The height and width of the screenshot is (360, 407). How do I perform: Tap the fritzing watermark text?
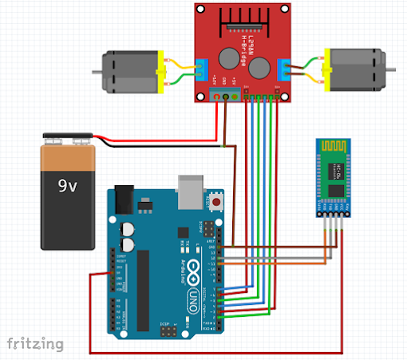point(35,343)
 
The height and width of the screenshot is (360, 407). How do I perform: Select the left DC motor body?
point(128,69)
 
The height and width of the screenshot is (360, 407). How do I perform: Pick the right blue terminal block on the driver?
point(282,69)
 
